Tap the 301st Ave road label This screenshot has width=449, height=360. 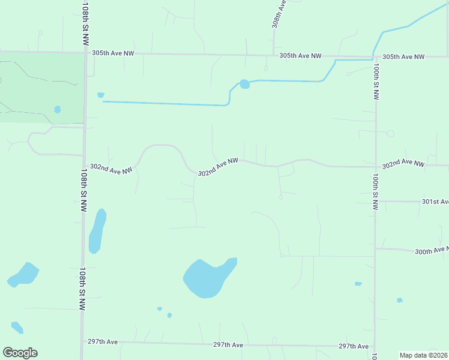(435, 202)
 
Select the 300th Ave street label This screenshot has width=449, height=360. (431, 250)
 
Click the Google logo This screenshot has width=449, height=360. (20, 352)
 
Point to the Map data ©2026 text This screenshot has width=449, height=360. (423, 355)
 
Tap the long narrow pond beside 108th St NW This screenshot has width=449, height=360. (97, 231)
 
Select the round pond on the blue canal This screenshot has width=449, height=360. (244, 84)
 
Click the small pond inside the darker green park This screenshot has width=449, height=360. (58, 110)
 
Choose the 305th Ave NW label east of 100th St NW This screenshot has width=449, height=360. (403, 57)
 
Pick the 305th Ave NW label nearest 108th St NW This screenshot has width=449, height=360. (113, 53)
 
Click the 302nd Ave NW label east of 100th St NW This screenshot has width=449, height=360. (403, 163)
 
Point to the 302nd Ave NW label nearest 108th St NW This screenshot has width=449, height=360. (111, 170)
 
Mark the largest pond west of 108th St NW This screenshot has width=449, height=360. (23, 274)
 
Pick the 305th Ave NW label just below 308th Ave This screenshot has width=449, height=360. (301, 56)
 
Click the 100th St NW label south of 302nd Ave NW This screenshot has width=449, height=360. (375, 192)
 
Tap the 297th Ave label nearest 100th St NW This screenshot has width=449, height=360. (353, 346)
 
